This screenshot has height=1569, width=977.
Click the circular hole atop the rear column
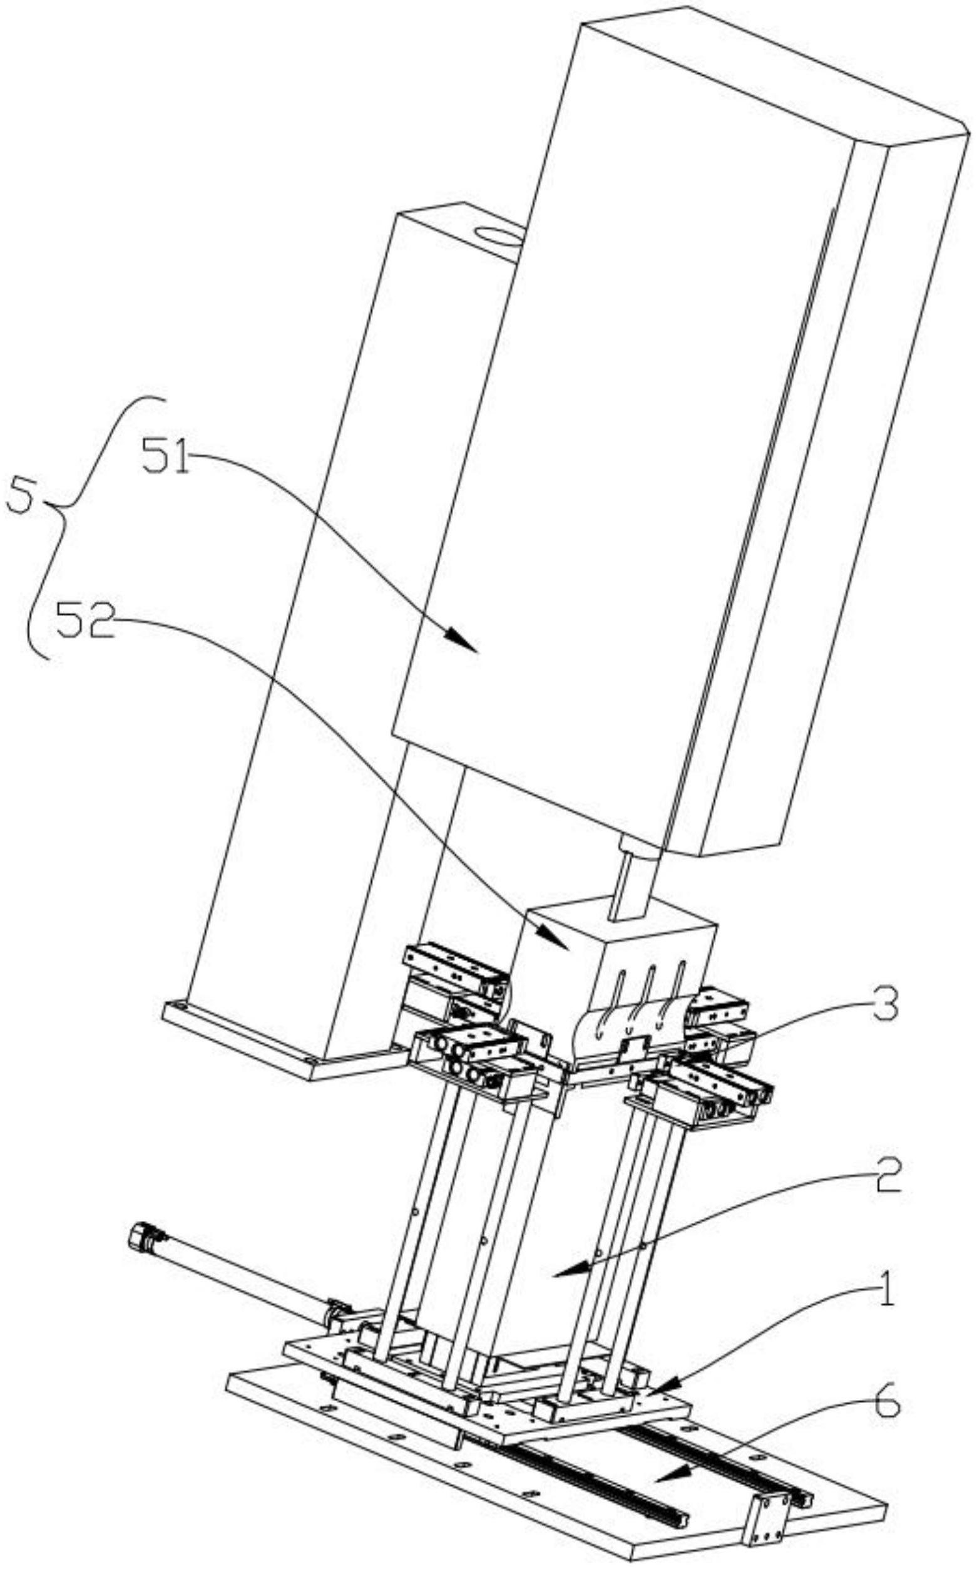(x=498, y=234)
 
